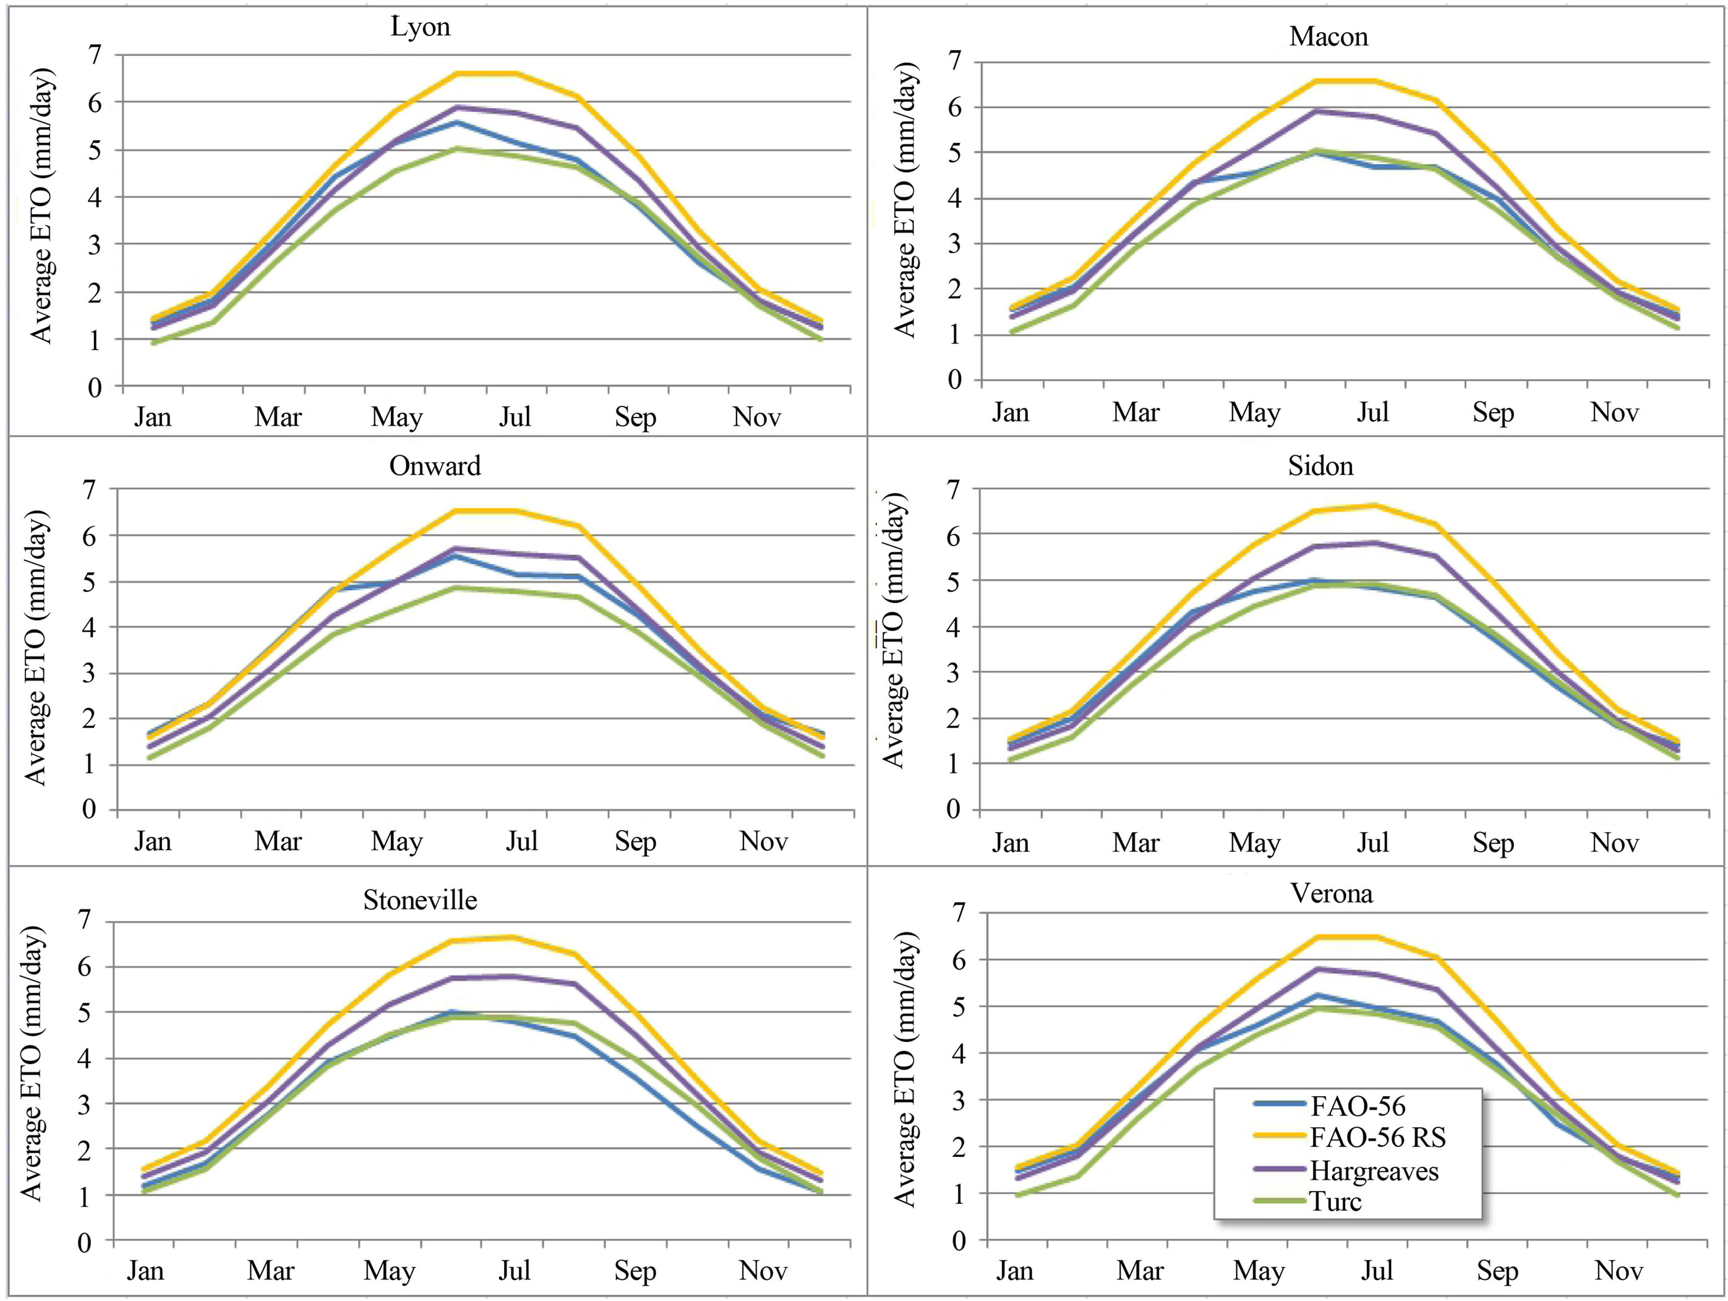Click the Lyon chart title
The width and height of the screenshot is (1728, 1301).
pyautogui.click(x=421, y=27)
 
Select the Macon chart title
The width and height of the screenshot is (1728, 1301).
pyautogui.click(x=1328, y=36)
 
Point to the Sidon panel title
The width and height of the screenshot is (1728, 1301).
pyautogui.click(x=1320, y=466)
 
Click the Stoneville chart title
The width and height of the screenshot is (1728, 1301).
pyautogui.click(x=419, y=900)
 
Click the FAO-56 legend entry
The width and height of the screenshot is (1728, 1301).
pyautogui.click(x=1358, y=1106)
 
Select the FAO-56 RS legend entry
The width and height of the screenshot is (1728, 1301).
pyautogui.click(x=1377, y=1138)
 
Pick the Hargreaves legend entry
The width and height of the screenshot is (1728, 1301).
pyautogui.click(x=1374, y=1170)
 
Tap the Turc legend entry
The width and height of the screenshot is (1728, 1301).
pyautogui.click(x=1335, y=1201)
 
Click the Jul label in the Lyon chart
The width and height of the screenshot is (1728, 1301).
pyautogui.click(x=515, y=416)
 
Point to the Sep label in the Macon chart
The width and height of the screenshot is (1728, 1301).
pyautogui.click(x=1493, y=412)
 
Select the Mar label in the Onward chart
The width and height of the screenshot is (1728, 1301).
pyautogui.click(x=277, y=841)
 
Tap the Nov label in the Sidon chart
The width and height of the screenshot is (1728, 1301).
pyautogui.click(x=1614, y=843)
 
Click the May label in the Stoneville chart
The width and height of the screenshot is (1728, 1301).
pyautogui.click(x=389, y=1271)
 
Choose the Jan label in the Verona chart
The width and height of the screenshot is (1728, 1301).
pyautogui.click(x=1014, y=1271)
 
